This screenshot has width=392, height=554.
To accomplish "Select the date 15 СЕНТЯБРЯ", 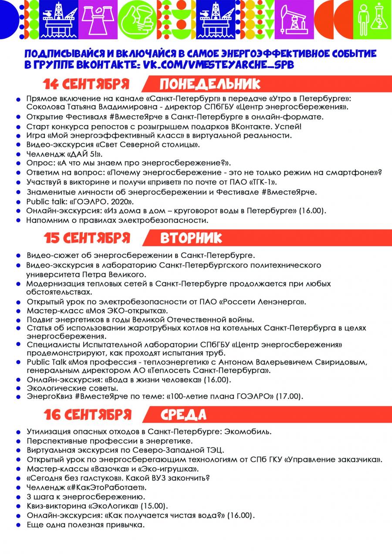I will point(87,238).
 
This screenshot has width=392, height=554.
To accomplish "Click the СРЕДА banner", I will point(183,415).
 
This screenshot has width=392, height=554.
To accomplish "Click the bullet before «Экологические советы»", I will point(19,388).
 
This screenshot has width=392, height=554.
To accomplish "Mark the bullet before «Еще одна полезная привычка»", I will point(19,525).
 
